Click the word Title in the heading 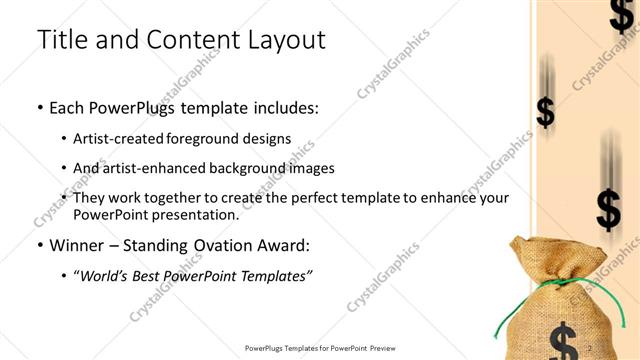click(x=62, y=40)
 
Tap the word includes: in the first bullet click(x=281, y=107)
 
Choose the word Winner click(x=78, y=245)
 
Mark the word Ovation click(x=227, y=245)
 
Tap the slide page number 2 click(x=591, y=348)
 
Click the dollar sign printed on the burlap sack click(x=563, y=340)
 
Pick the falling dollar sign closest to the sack click(x=607, y=208)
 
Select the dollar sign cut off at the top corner click(x=621, y=15)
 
